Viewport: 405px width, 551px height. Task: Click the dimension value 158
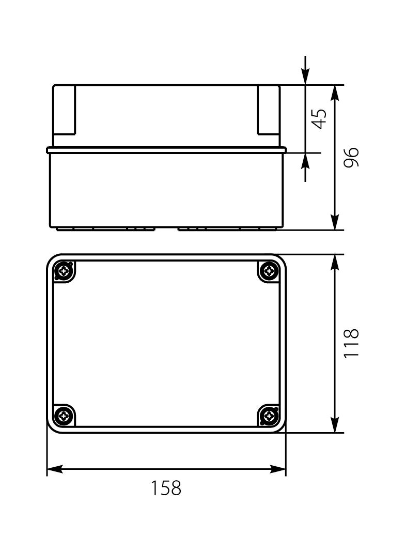click(x=166, y=488)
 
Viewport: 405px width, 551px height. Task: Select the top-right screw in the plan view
click(x=268, y=271)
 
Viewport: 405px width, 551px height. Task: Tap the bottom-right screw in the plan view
click(x=268, y=415)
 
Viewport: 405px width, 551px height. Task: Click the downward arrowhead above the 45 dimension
click(x=306, y=77)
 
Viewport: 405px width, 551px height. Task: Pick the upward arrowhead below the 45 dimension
click(x=306, y=161)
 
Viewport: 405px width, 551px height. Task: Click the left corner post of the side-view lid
click(x=65, y=110)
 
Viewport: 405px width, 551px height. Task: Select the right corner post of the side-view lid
click(x=268, y=110)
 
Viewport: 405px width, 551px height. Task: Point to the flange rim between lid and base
click(x=166, y=150)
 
